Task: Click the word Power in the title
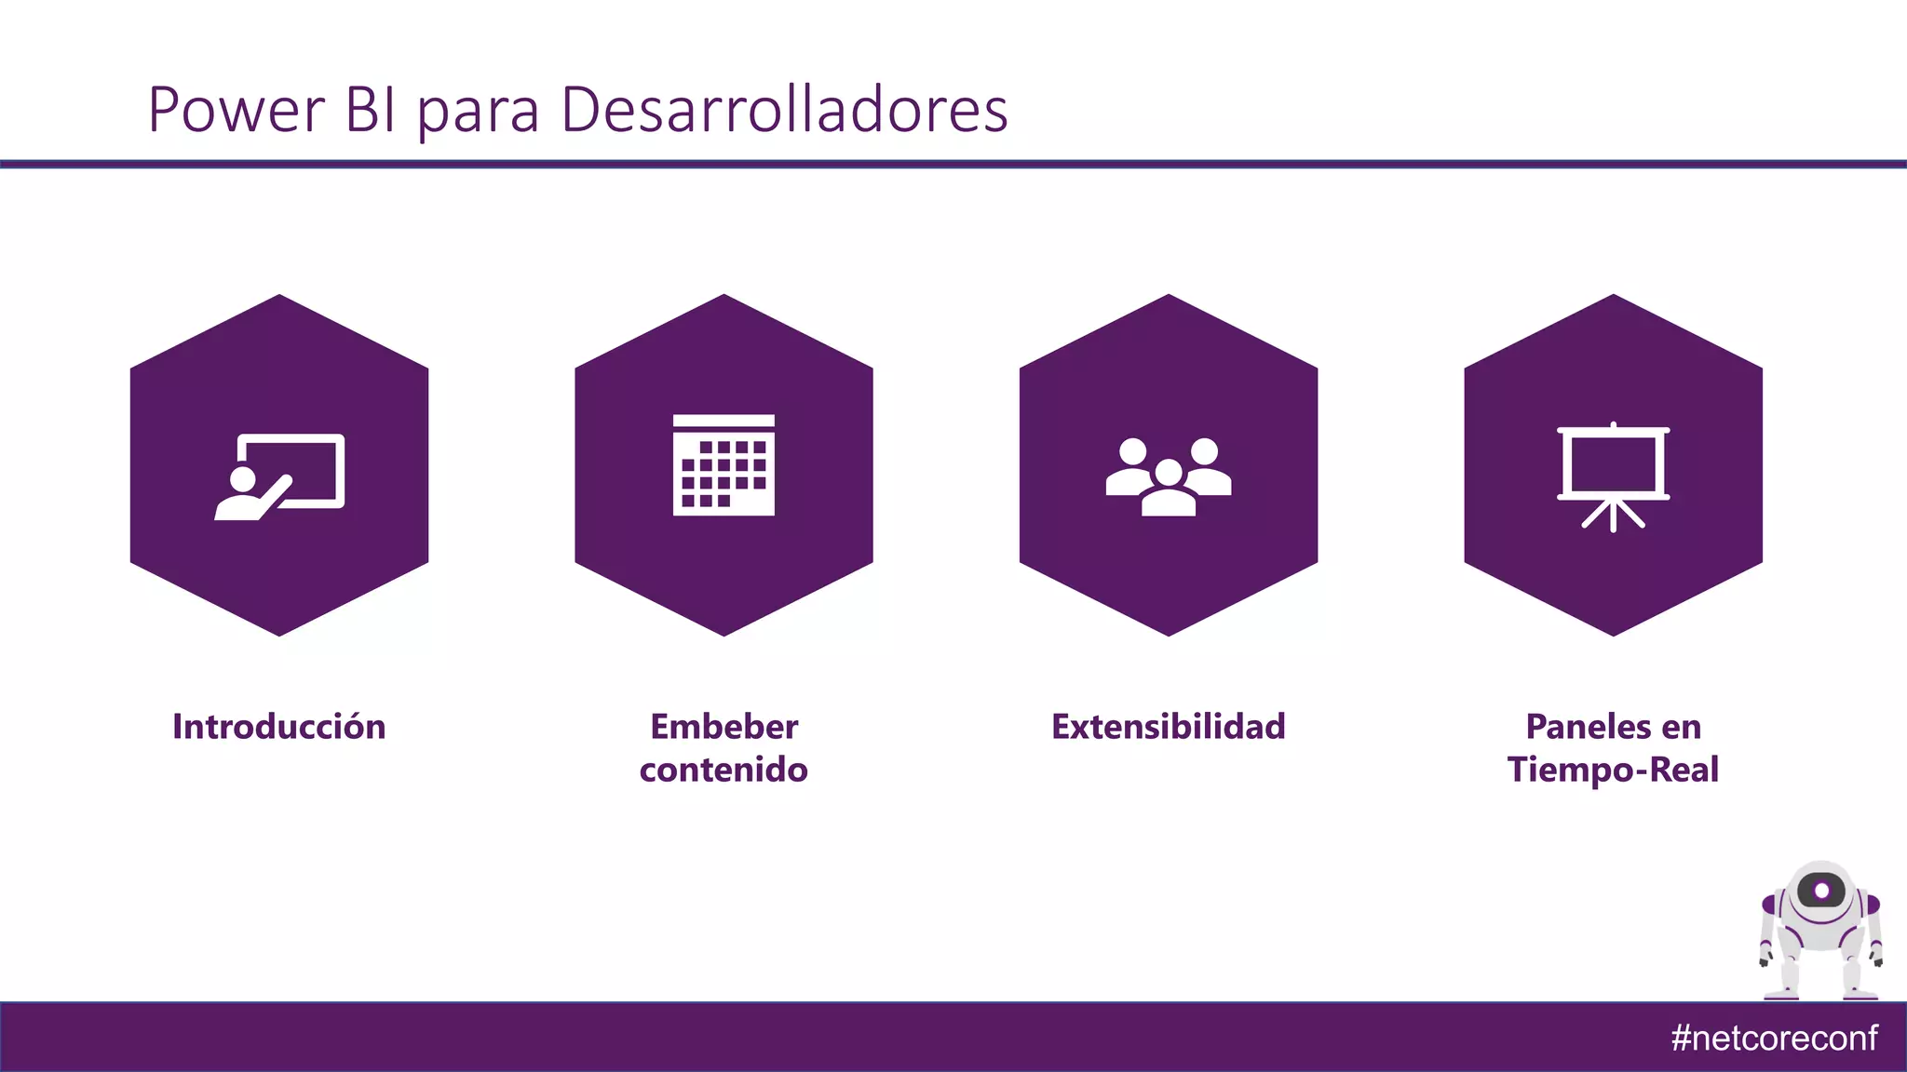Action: click(x=236, y=110)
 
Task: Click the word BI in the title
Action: click(x=371, y=110)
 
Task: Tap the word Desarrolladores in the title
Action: click(x=784, y=110)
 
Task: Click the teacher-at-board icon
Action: click(x=279, y=476)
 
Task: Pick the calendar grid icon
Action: click(x=724, y=465)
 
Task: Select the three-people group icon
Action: click(x=1168, y=476)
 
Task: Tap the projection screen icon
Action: click(x=1613, y=476)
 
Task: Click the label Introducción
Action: click(x=279, y=727)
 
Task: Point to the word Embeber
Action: click(x=724, y=727)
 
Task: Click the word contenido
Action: click(x=724, y=770)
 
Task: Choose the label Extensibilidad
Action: click(x=1168, y=727)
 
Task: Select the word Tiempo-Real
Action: click(x=1613, y=770)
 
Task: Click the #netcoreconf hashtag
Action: click(x=1774, y=1038)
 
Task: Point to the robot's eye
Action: click(x=1821, y=891)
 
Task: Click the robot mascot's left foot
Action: click(x=1781, y=994)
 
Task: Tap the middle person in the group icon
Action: click(x=1168, y=489)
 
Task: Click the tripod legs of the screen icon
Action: click(x=1613, y=514)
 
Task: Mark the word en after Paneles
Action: click(x=1681, y=727)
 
